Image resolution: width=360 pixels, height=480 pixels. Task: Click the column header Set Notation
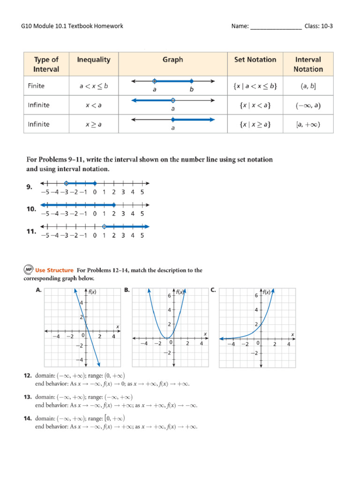[x=255, y=60]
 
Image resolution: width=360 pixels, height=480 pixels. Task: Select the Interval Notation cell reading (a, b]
[x=308, y=86]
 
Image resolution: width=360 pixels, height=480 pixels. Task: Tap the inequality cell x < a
[x=94, y=105]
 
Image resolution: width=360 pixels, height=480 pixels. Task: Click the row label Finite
[x=38, y=86]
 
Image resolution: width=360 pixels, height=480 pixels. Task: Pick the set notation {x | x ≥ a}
[x=255, y=124]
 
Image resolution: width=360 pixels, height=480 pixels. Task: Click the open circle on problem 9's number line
[x=66, y=183]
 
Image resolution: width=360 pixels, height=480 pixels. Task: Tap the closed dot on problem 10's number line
[x=114, y=205]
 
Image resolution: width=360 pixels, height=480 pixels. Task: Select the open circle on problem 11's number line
[x=104, y=226]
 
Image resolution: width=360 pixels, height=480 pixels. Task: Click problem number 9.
[x=29, y=187]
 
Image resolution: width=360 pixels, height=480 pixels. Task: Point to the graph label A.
[x=39, y=290]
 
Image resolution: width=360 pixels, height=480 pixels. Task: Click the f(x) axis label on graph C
[x=266, y=292]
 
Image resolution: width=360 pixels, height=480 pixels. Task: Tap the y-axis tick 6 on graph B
[x=169, y=296]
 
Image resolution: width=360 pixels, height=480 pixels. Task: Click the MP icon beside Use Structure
[x=28, y=270]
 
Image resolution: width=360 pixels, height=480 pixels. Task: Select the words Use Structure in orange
[x=55, y=270]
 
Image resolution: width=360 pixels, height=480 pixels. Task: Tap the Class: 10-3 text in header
[x=319, y=26]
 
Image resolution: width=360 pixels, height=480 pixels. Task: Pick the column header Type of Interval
[x=46, y=64]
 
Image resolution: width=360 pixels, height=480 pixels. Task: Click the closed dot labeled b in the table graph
[x=191, y=81]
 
